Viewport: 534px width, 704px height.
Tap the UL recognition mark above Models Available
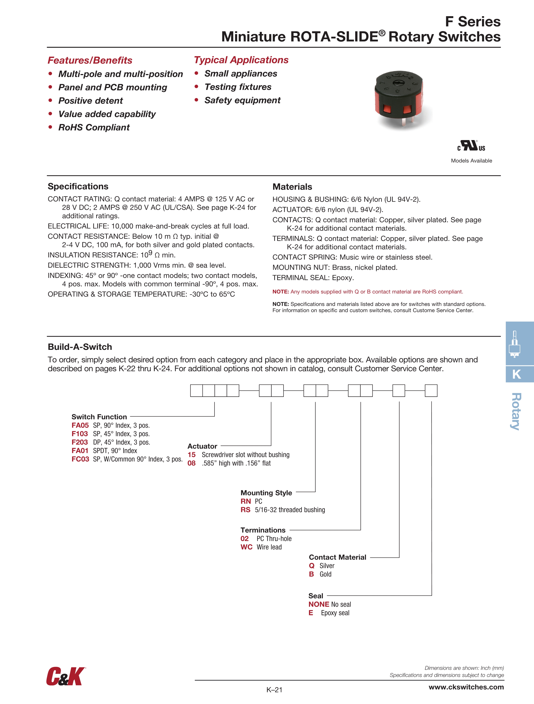point(471,146)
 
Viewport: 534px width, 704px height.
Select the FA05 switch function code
point(80,426)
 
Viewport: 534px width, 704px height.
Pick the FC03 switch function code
point(80,459)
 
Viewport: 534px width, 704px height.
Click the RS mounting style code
point(245,510)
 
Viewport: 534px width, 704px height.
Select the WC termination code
point(246,547)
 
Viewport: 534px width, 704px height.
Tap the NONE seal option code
point(318,604)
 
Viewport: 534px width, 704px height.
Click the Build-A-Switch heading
point(80,347)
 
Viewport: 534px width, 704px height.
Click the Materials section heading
point(292,187)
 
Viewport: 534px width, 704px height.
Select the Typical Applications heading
point(241,60)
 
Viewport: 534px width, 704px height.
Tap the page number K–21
point(274,690)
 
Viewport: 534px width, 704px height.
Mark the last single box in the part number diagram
point(431,390)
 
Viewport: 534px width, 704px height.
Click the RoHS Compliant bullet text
point(94,128)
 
